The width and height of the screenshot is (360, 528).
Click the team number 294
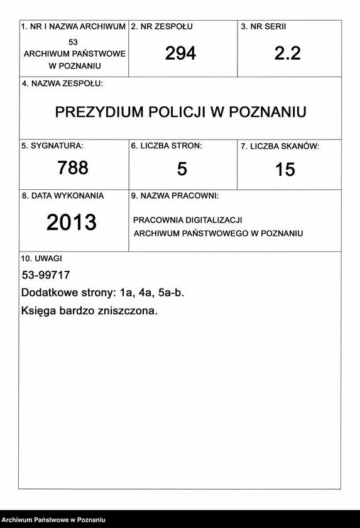tap(181, 54)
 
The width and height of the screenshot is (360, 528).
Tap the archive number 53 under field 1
tap(74, 41)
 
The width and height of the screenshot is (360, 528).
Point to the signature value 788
tap(73, 168)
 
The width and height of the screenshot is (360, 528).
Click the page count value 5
tap(182, 169)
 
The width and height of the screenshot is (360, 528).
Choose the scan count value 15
tap(285, 170)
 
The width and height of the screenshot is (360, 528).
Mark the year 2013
tap(72, 223)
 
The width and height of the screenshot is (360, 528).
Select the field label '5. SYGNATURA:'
tap(52, 146)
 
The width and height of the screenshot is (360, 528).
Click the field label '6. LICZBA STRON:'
tap(166, 146)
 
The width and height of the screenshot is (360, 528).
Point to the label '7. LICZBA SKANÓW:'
tap(280, 146)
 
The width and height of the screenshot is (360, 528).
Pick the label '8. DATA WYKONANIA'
tap(63, 196)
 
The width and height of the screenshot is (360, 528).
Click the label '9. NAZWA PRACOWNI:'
tap(175, 196)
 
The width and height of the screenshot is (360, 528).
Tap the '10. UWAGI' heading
tap(41, 258)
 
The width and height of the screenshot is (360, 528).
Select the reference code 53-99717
tap(46, 275)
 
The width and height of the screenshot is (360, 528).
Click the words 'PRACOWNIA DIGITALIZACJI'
tap(188, 221)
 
